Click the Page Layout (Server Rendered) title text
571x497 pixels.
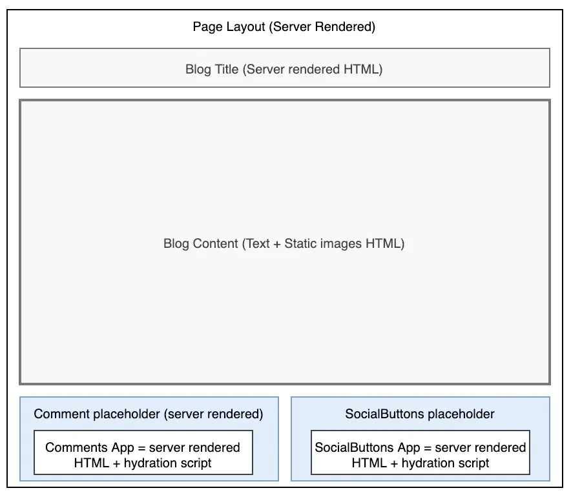coord(284,27)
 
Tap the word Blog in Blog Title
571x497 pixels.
coord(197,69)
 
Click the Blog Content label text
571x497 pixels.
coord(284,244)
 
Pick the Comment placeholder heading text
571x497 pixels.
coord(149,414)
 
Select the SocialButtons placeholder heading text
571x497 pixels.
coord(420,414)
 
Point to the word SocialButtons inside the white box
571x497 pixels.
coord(354,447)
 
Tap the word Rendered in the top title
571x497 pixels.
coord(346,27)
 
